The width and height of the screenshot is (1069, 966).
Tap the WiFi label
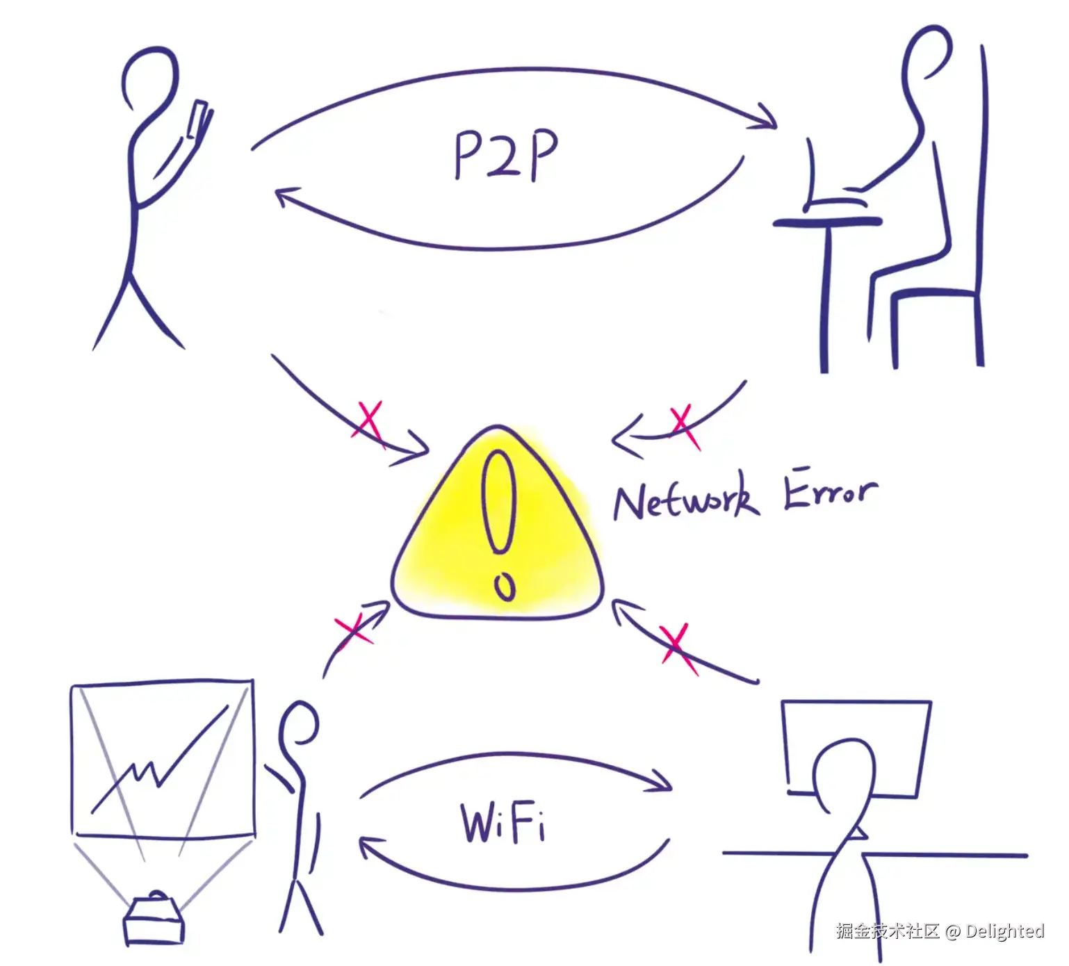click(503, 823)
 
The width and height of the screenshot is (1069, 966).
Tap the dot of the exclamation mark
click(505, 587)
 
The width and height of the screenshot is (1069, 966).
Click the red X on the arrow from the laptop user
click(683, 425)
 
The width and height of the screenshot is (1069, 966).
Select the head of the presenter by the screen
click(300, 723)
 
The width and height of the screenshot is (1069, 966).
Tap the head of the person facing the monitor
click(844, 771)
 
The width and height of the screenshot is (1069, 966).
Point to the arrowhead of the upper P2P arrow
click(768, 118)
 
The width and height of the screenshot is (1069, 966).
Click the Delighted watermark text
click(1004, 931)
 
